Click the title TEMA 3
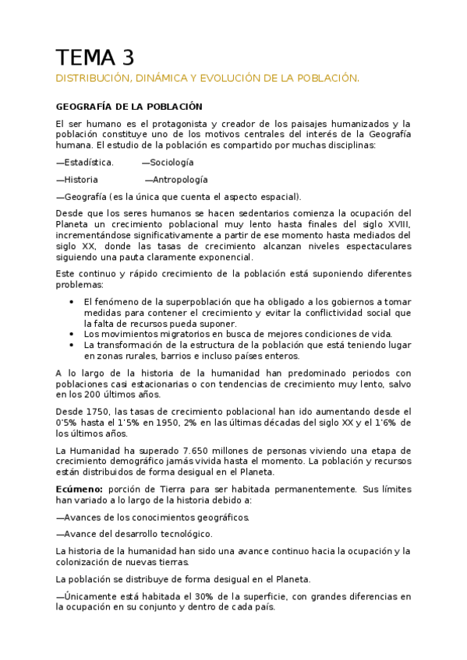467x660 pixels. (95, 58)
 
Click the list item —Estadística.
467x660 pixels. (85, 162)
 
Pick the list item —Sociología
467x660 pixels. (168, 162)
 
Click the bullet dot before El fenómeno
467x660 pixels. (71, 301)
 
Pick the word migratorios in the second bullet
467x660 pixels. (164, 333)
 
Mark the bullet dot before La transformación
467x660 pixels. (71, 344)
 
